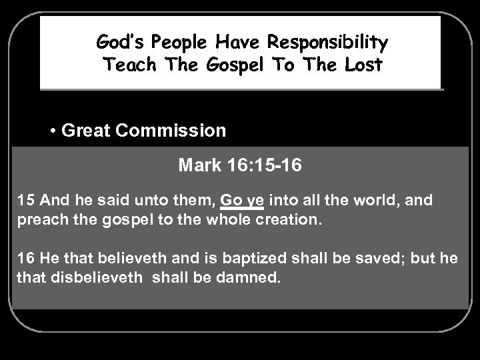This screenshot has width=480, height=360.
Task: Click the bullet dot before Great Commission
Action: (x=53, y=130)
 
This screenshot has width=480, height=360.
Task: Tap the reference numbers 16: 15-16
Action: (x=259, y=165)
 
